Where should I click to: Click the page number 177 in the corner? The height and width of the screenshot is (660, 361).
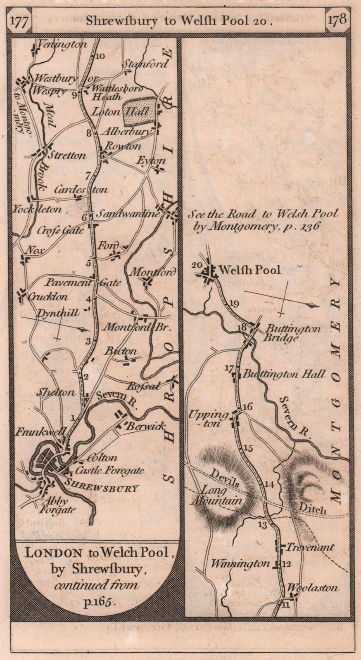pyautogui.click(x=19, y=21)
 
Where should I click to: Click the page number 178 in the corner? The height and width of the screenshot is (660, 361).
pyautogui.click(x=337, y=20)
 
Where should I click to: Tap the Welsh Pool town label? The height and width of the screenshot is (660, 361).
pyautogui.click(x=250, y=270)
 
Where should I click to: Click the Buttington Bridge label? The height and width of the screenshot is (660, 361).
pyautogui.click(x=293, y=333)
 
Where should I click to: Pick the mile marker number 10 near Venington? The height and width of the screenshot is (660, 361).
pyautogui.click(x=100, y=57)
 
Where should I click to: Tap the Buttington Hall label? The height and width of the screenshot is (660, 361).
pyautogui.click(x=284, y=375)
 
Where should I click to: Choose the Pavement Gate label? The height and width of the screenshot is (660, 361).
pyautogui.click(x=83, y=283)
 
